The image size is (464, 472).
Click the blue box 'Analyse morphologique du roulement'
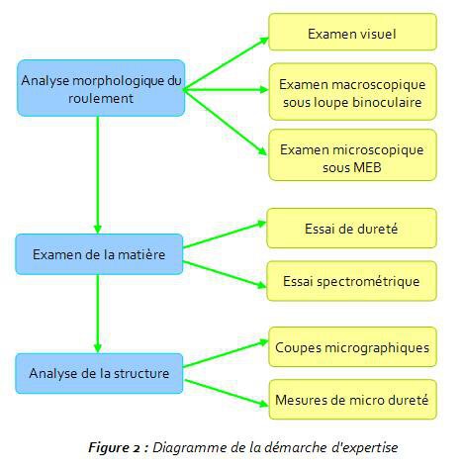pyautogui.click(x=101, y=88)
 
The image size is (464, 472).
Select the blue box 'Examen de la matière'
pyautogui.click(x=99, y=254)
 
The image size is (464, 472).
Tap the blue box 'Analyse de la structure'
pyautogui.click(x=99, y=373)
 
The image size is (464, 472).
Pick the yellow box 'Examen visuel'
pyautogui.click(x=352, y=32)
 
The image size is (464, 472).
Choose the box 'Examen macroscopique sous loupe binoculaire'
pyautogui.click(x=352, y=92)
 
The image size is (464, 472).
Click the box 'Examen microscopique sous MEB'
pyautogui.click(x=352, y=155)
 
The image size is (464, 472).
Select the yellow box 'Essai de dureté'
pyautogui.click(x=351, y=229)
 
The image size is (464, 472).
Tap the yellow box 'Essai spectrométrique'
pyautogui.click(x=351, y=281)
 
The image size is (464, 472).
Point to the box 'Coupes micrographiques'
pyautogui.click(x=352, y=347)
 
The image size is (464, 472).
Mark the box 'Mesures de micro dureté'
pyautogui.click(x=352, y=400)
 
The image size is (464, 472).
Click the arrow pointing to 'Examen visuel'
pyautogui.click(x=227, y=63)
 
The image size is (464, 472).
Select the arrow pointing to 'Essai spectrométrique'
pyautogui.click(x=225, y=274)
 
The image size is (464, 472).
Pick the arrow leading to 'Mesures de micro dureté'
pyautogui.click(x=227, y=393)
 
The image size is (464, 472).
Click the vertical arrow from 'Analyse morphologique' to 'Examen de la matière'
pyautogui.click(x=98, y=175)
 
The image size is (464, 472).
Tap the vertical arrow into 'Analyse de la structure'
pyautogui.click(x=98, y=314)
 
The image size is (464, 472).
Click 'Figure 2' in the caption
pyautogui.click(x=116, y=447)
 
